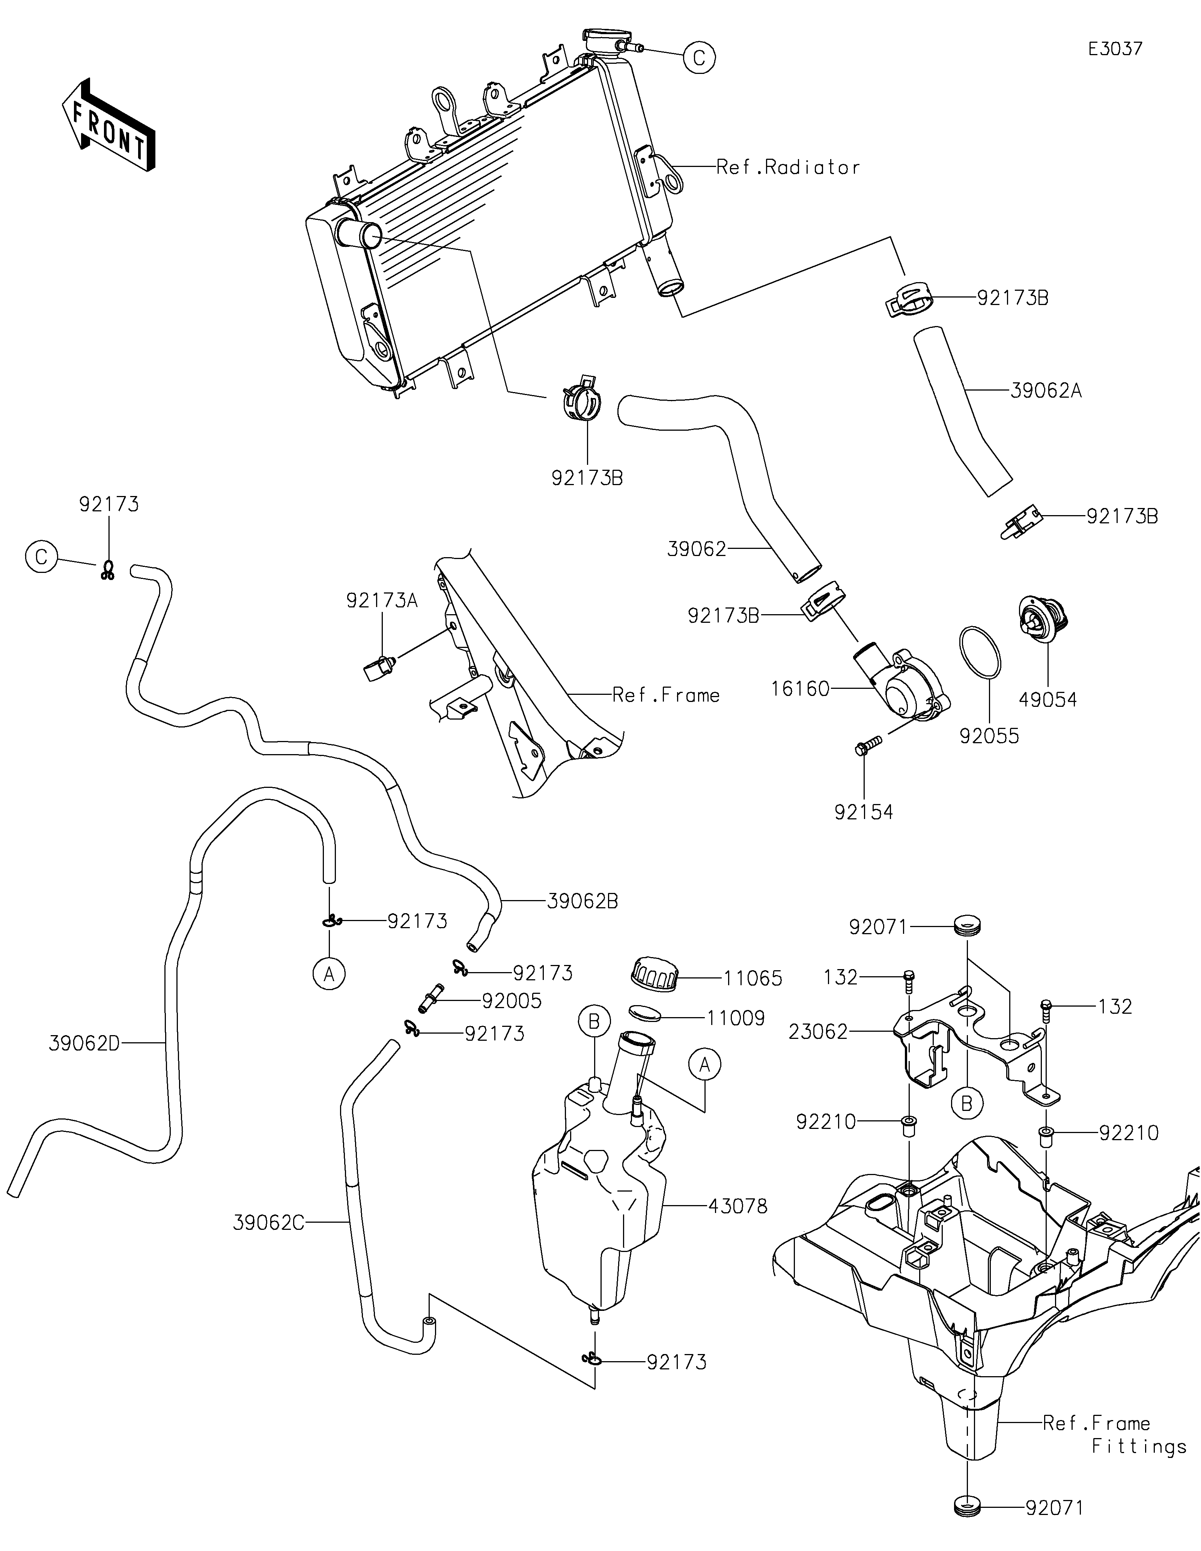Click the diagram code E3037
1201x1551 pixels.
(1115, 49)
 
